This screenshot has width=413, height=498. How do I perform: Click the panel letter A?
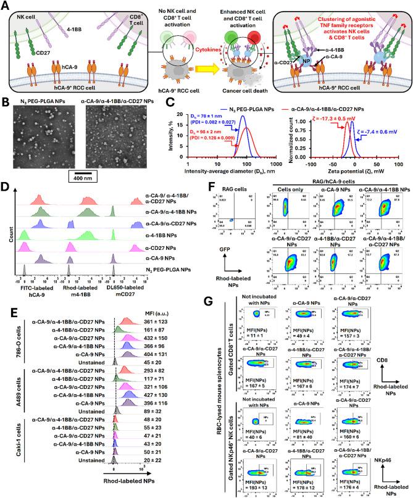click(6, 6)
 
